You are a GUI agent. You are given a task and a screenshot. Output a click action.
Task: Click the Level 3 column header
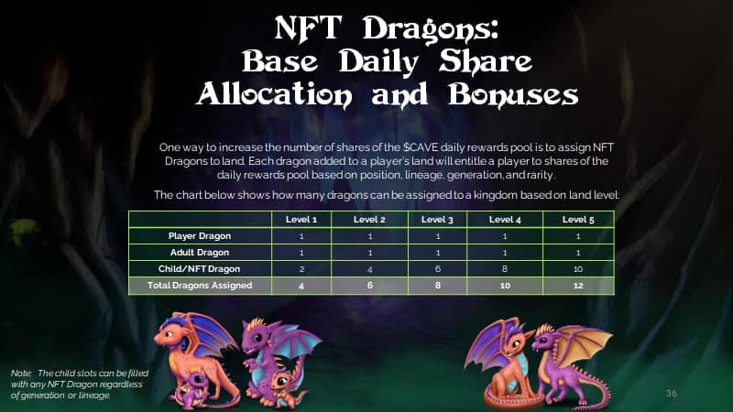[x=437, y=220]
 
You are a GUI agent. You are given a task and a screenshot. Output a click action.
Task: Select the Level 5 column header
[x=578, y=220]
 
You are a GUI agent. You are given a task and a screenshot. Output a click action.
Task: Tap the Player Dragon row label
[x=200, y=236]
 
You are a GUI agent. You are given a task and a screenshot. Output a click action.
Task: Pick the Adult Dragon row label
[x=200, y=253]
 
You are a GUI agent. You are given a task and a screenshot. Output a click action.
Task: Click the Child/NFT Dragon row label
[x=199, y=269]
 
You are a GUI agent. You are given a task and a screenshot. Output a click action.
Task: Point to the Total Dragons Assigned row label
[x=200, y=286]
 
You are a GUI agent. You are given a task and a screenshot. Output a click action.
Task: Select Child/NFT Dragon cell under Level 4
[x=505, y=269]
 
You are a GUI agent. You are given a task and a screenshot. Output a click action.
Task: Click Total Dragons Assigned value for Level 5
[x=578, y=286]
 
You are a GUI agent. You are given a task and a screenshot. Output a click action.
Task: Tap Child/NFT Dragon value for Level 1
[x=301, y=269]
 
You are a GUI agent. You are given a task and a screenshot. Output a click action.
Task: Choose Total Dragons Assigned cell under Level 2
[x=370, y=286]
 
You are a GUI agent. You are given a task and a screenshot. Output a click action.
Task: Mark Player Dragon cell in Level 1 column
[x=301, y=236]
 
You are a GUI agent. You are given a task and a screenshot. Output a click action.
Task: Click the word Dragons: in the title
[x=431, y=29]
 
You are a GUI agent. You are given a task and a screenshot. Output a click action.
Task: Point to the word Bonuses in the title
[x=513, y=95]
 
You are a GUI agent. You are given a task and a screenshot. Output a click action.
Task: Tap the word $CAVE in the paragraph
[x=421, y=147]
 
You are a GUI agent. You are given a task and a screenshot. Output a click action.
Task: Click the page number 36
[x=672, y=394]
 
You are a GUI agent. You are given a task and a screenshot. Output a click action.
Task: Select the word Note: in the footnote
[x=21, y=374]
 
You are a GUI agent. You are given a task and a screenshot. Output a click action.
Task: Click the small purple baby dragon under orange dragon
[x=191, y=388]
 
